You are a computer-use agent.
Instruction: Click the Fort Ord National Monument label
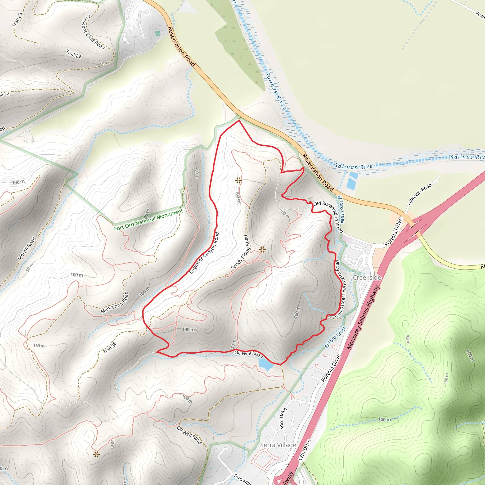[x=149, y=220]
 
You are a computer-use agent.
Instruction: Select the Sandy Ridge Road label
[x=241, y=252]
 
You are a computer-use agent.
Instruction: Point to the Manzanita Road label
[x=114, y=302]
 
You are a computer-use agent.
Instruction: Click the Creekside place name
[x=367, y=277]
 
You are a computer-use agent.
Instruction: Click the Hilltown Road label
[x=420, y=194]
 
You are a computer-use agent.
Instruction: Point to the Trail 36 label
[x=110, y=348]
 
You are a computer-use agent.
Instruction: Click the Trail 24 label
[x=74, y=54]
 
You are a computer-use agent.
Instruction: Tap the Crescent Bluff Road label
[x=93, y=32]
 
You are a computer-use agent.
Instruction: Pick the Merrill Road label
[x=27, y=248]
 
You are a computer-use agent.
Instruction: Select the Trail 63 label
[x=17, y=20]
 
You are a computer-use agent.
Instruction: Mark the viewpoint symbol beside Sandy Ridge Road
[x=262, y=250]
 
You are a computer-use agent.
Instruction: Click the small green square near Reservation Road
[x=158, y=33]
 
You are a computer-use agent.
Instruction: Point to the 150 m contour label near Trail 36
[x=39, y=346]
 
